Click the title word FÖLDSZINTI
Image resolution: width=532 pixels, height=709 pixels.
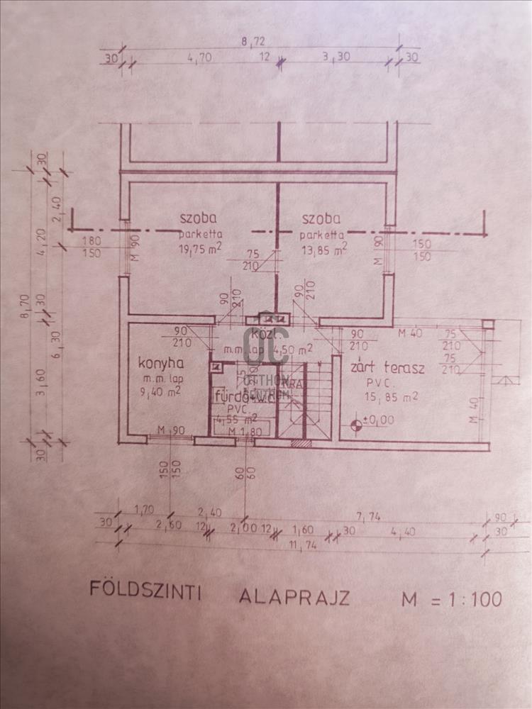pyautogui.click(x=145, y=591)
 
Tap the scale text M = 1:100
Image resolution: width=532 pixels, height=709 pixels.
pyautogui.click(x=451, y=599)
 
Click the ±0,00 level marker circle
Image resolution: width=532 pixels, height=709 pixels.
pyautogui.click(x=355, y=425)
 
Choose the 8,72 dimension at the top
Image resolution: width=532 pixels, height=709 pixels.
pyautogui.click(x=253, y=42)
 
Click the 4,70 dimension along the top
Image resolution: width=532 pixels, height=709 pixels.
pyautogui.click(x=196, y=60)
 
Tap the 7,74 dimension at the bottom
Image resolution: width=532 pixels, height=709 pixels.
pyautogui.click(x=367, y=518)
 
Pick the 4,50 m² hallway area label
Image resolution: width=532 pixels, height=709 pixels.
pyautogui.click(x=297, y=349)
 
